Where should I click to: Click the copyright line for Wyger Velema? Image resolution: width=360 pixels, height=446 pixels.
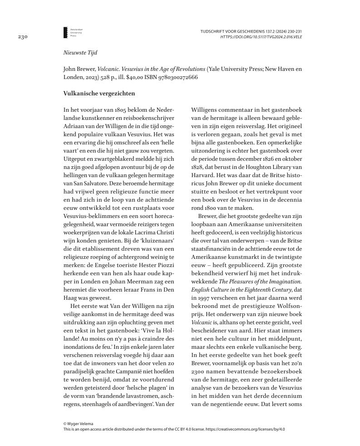(x=79, y=424)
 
